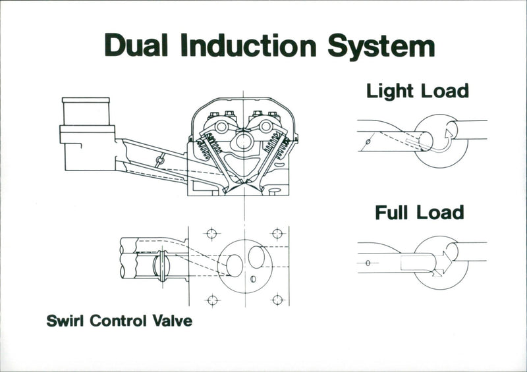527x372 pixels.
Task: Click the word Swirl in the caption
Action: click(x=67, y=322)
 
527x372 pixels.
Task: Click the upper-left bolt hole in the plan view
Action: click(x=212, y=234)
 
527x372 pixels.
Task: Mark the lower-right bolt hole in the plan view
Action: click(x=277, y=300)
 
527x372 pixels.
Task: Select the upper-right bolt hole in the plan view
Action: click(x=277, y=234)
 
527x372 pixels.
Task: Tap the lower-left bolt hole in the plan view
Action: click(x=212, y=300)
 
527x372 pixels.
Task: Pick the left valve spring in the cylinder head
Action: click(x=209, y=146)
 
